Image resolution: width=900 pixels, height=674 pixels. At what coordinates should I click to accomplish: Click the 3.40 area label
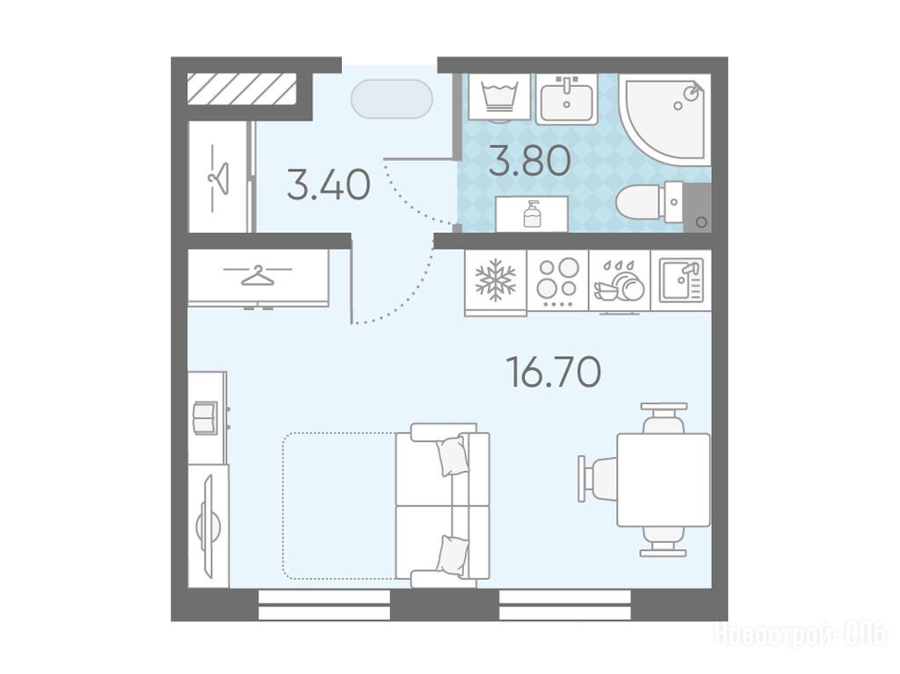[x=329, y=185]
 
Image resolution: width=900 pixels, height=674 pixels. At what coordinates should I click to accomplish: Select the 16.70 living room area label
[x=554, y=372]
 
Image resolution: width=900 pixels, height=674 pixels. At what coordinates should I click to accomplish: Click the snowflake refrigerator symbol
[x=496, y=280]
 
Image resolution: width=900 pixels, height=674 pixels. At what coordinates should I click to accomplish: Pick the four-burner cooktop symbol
[x=558, y=280]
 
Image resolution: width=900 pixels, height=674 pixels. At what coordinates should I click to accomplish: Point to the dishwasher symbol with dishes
[x=620, y=282]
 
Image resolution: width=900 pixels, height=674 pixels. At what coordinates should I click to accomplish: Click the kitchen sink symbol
[x=681, y=280]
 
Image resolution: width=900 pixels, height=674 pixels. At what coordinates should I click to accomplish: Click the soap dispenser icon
[x=532, y=214]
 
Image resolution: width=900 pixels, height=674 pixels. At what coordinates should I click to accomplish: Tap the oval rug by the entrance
[x=392, y=98]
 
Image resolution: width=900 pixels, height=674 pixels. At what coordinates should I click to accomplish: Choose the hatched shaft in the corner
[x=242, y=89]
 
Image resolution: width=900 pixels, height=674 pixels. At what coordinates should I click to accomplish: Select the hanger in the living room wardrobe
[x=258, y=275]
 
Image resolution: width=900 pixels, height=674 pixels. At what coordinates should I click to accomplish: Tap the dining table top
[x=664, y=480]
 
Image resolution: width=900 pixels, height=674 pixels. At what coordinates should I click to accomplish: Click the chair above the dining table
[x=664, y=418]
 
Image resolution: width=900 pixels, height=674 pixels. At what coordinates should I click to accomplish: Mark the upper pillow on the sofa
[x=451, y=455]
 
